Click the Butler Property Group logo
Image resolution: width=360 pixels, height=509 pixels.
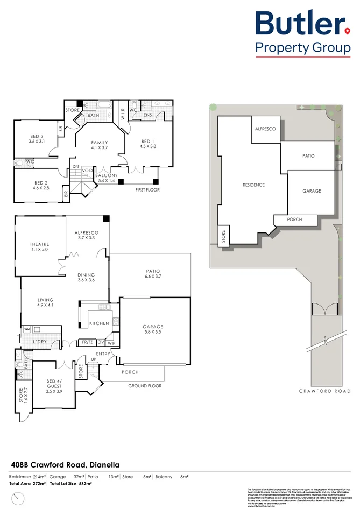302,33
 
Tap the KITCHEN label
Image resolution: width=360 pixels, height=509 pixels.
99,323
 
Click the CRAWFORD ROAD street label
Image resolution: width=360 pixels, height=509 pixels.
324,391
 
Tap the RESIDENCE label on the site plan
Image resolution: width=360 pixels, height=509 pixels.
253,185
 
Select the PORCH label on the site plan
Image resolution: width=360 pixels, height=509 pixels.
294,220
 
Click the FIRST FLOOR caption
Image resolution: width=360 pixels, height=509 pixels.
147,190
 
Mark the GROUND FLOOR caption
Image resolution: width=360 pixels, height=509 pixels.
145,386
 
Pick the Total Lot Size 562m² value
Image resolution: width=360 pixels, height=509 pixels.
70,484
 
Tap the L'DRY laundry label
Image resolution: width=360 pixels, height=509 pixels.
41,342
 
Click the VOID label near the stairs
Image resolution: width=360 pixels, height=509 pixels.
87,170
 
